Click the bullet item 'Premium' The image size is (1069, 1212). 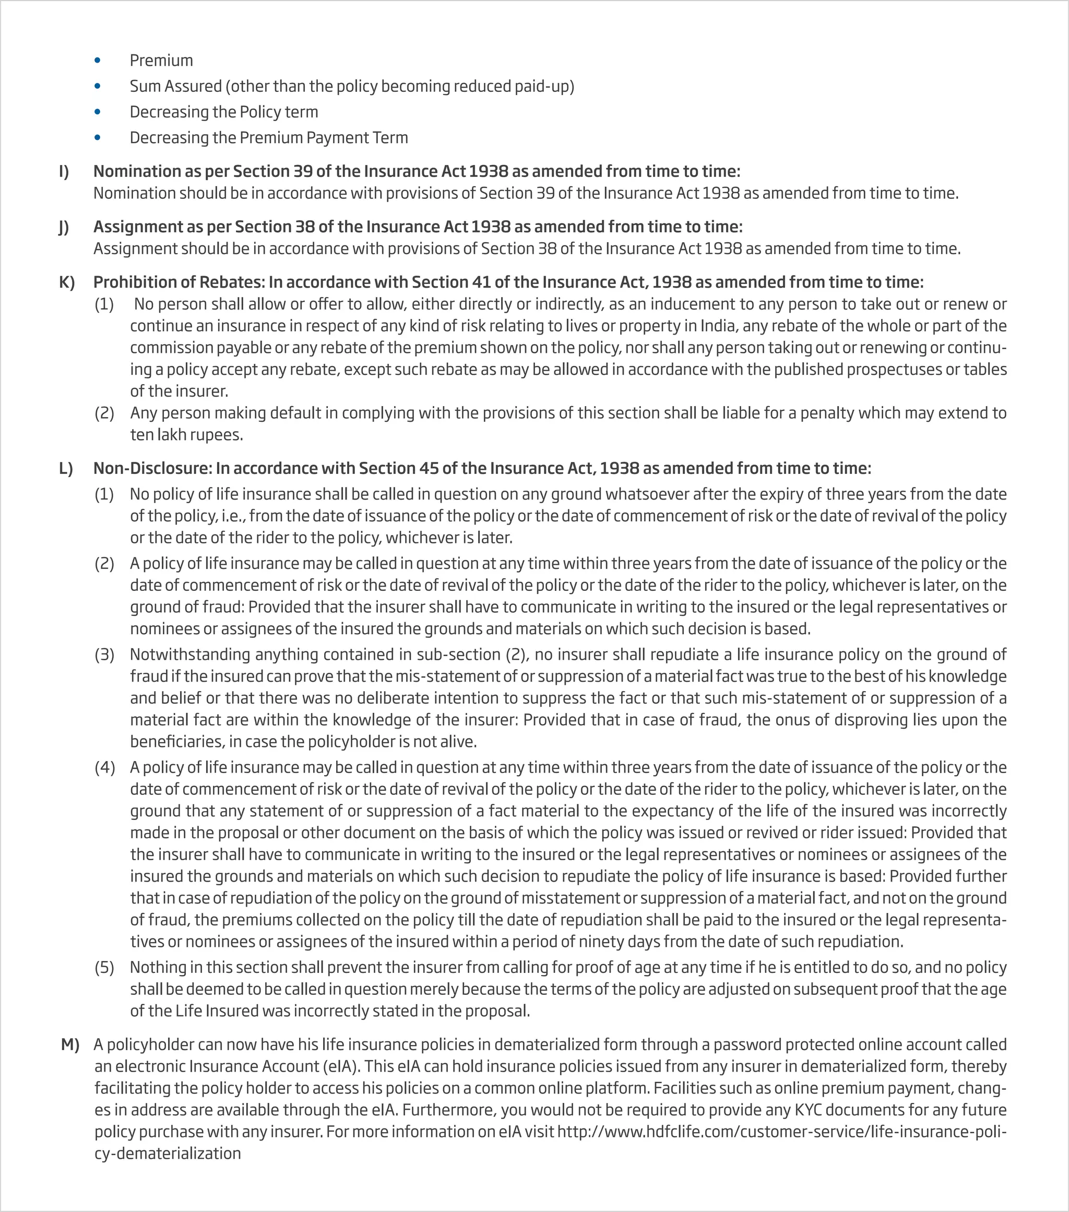161,61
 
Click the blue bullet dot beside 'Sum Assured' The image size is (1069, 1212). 98,87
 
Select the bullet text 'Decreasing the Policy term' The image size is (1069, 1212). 223,112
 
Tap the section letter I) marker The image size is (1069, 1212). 64,171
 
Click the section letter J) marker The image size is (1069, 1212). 64,227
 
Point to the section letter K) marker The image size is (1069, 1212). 66,282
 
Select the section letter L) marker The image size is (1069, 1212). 66,468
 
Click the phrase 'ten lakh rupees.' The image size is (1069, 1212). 187,435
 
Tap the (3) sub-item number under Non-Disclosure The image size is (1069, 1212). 104,655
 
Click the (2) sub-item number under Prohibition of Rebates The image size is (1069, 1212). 104,413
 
